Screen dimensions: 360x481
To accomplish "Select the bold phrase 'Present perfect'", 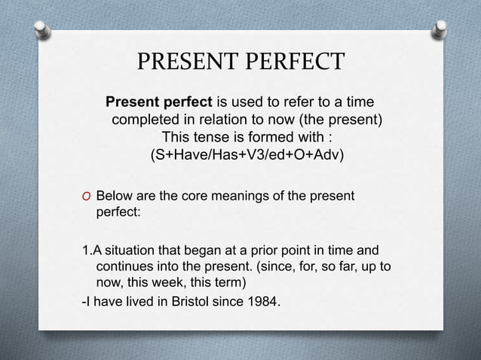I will tap(159, 102).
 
